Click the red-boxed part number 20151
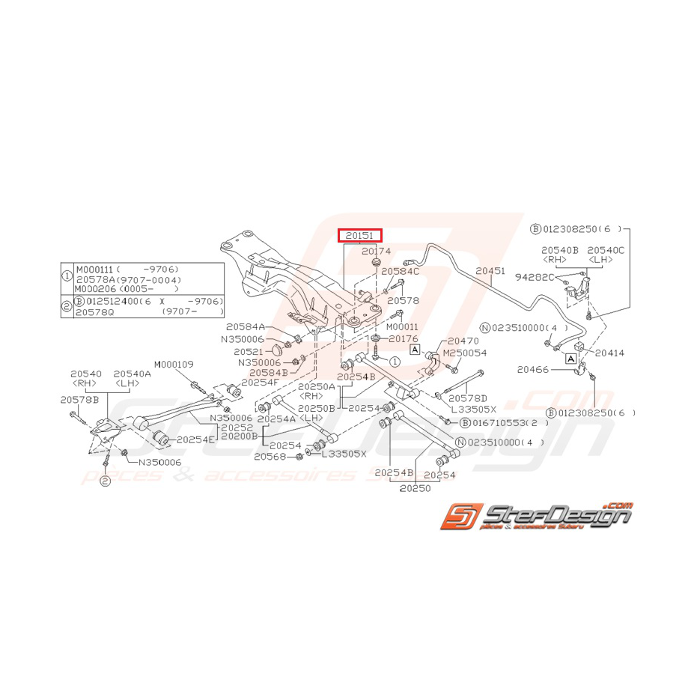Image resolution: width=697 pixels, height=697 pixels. point(360,236)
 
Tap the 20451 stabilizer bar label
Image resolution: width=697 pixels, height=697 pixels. point(490,272)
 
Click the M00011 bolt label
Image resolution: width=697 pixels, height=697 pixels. point(403,326)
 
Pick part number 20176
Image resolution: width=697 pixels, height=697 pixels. point(404,339)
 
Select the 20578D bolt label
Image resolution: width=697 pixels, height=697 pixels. point(468,399)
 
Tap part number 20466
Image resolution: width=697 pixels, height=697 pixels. point(532,370)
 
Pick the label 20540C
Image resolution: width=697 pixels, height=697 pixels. point(606,249)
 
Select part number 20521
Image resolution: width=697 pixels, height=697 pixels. point(248,351)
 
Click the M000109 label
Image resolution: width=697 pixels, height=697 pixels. point(174,364)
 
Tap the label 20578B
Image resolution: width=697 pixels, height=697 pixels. point(79,400)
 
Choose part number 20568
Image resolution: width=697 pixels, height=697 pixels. point(269,456)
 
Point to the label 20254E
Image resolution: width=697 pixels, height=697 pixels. point(195,439)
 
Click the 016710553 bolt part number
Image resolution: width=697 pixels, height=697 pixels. point(503,423)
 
